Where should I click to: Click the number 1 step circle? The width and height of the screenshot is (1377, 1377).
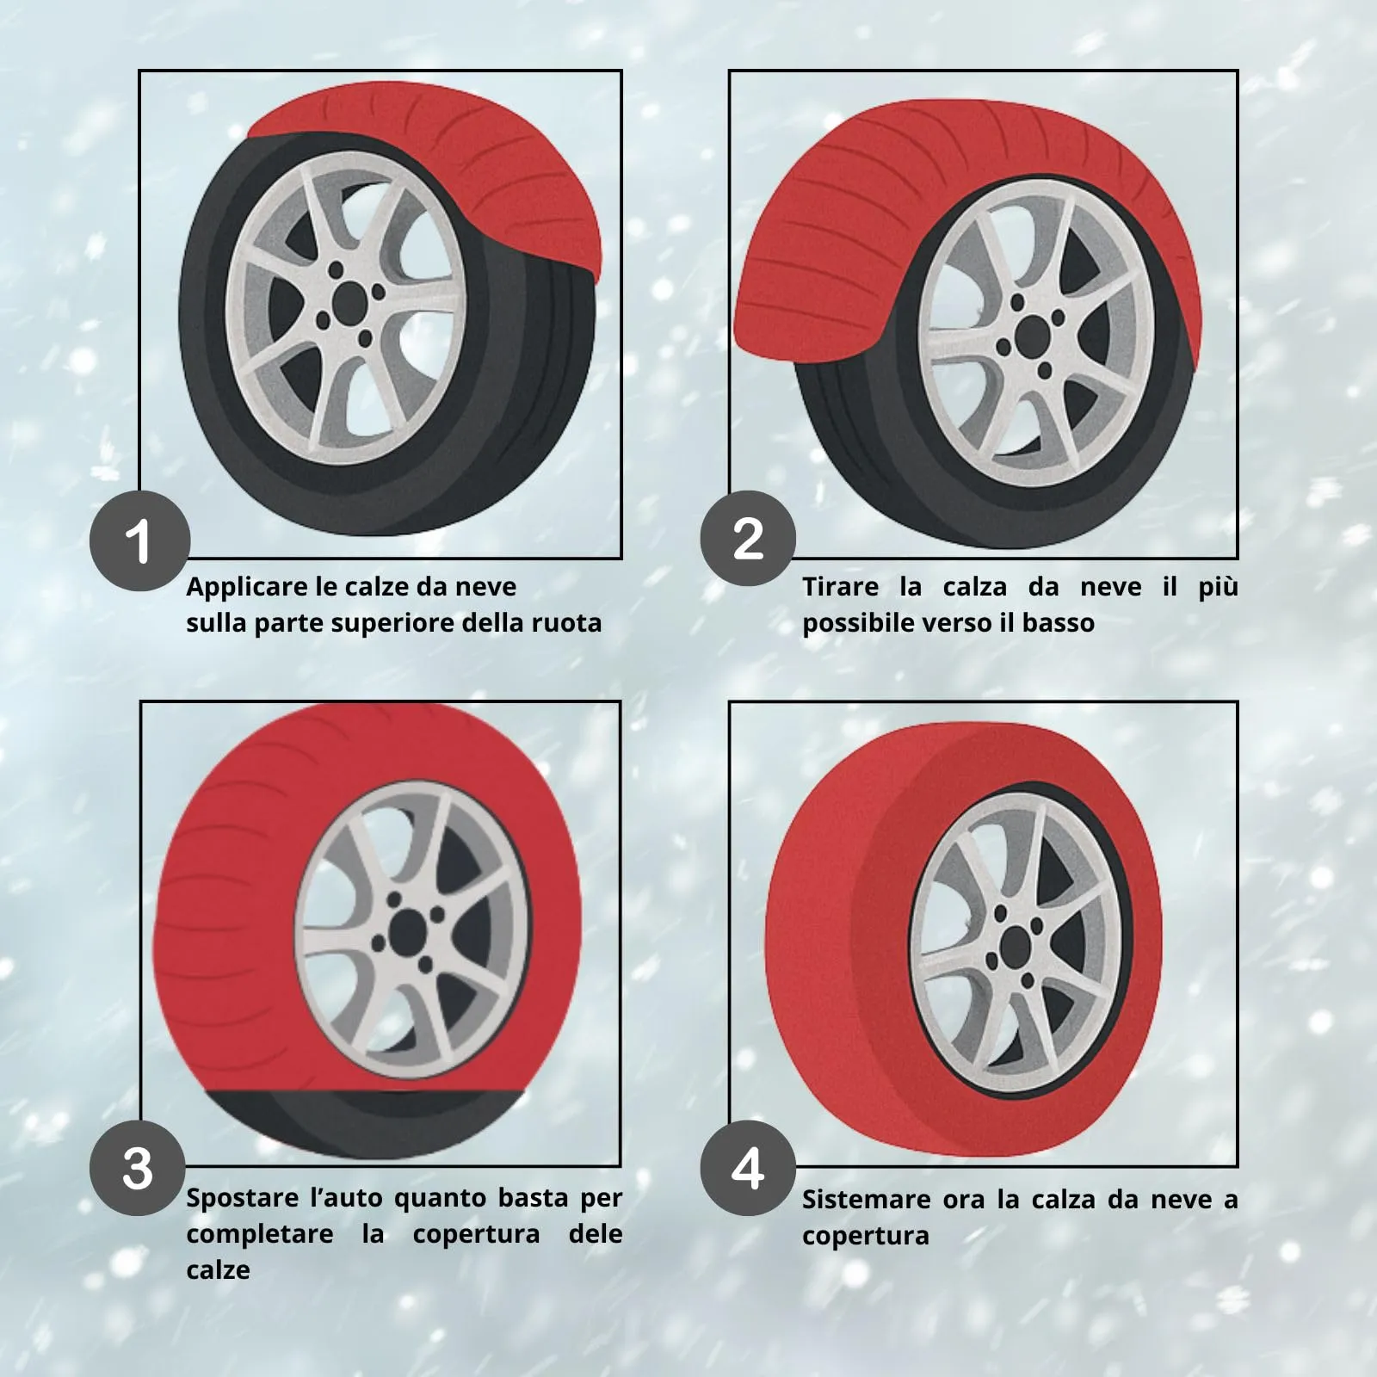(x=140, y=541)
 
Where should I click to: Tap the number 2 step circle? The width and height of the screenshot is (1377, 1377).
(x=748, y=539)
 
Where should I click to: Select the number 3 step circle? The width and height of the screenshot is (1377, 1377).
(x=138, y=1168)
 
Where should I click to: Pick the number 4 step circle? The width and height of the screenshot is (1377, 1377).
(x=748, y=1168)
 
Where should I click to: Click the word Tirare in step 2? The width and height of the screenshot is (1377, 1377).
(x=841, y=587)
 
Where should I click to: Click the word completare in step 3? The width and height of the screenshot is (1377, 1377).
(x=260, y=1235)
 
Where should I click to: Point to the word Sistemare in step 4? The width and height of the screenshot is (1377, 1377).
(x=865, y=1200)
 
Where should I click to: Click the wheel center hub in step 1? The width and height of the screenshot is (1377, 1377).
(x=348, y=299)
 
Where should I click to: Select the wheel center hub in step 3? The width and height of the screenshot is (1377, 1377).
(x=409, y=931)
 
